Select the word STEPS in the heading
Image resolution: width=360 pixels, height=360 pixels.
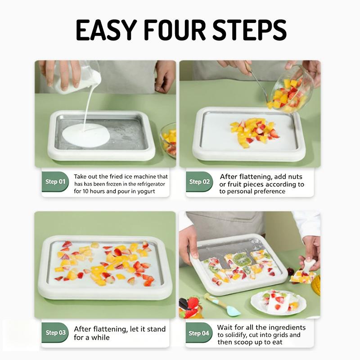click(x=250, y=30)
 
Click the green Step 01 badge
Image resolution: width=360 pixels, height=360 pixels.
click(x=55, y=182)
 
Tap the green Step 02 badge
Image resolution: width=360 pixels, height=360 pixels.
click(x=199, y=182)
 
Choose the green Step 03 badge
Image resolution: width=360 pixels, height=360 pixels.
click(x=55, y=333)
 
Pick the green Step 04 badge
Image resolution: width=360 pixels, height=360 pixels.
click(x=199, y=333)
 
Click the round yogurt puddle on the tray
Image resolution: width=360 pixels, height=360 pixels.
click(x=86, y=135)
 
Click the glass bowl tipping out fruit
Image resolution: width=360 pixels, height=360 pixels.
click(x=292, y=90)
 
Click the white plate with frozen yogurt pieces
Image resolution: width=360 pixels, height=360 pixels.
click(x=278, y=303)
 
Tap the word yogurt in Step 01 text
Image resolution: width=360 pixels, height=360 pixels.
click(x=146, y=191)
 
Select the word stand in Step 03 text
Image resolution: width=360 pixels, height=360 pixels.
click(x=156, y=329)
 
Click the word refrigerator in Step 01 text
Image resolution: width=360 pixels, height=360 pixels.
click(x=151, y=184)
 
